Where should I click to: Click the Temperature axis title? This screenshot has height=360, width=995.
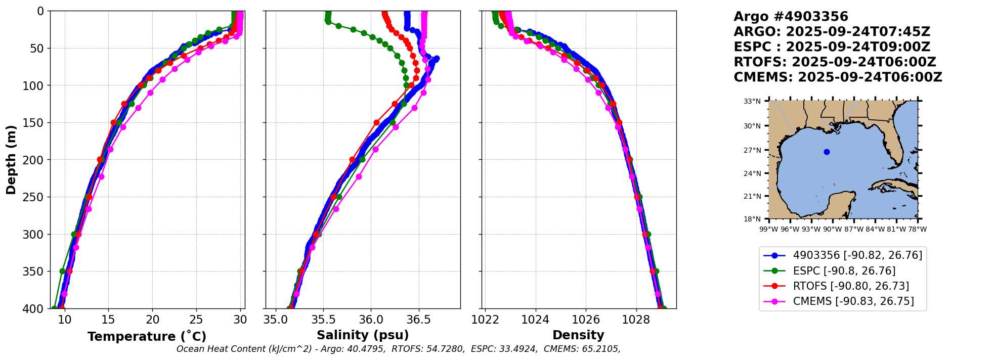pos(147,337)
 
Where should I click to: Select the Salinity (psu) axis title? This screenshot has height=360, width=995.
pos(363,335)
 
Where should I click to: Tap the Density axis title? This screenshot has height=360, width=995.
pos(578,335)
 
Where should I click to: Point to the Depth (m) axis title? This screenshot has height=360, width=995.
pos(11,160)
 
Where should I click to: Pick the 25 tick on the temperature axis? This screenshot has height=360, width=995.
pos(196,320)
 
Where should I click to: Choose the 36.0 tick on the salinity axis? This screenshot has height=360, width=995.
pos(370,320)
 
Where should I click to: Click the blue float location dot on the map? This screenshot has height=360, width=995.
pos(827,152)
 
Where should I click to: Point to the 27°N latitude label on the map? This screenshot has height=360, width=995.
pos(752,150)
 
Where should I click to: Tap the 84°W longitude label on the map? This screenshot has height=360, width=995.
pos(876,229)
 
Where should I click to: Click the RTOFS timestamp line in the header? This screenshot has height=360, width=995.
pos(835,62)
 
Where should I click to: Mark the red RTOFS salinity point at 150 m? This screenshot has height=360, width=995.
pos(376,123)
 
